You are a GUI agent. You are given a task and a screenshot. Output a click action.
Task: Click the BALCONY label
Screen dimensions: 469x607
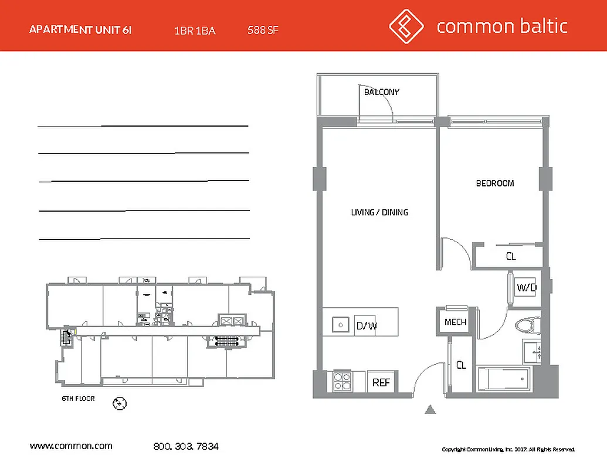[x=381, y=92]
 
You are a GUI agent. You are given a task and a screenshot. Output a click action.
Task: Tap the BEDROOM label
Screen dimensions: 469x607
[x=494, y=183]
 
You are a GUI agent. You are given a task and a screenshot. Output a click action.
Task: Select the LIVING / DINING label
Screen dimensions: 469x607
[x=379, y=212]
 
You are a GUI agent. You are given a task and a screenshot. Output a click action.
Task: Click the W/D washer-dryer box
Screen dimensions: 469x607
[x=526, y=288]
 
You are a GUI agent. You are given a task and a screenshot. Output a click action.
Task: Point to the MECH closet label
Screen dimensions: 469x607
[x=455, y=322]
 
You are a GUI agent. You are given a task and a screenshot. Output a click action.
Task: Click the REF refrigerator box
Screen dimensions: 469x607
[x=381, y=383]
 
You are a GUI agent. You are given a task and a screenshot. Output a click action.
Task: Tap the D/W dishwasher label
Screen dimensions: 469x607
[x=366, y=325]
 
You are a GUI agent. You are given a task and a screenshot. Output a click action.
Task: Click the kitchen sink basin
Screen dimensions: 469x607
[x=338, y=324]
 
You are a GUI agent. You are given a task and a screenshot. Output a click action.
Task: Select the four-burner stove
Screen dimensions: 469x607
[x=342, y=382]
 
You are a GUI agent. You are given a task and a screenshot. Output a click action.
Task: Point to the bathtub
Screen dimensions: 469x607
[x=504, y=380]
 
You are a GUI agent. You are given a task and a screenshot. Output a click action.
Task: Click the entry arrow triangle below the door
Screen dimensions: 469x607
[x=430, y=410]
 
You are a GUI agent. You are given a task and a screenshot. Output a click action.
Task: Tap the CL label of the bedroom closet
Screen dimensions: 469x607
[x=511, y=256]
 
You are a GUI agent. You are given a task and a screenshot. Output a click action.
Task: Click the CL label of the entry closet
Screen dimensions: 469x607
[x=462, y=365]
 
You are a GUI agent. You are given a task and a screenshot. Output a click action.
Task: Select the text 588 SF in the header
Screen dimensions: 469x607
[x=263, y=30]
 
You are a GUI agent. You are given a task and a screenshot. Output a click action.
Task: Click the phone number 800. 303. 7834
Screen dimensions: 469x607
[x=185, y=447]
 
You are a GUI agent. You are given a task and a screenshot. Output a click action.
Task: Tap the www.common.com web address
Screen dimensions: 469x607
[x=71, y=446]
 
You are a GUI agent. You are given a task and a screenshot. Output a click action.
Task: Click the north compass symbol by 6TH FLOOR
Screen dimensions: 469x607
[x=120, y=403]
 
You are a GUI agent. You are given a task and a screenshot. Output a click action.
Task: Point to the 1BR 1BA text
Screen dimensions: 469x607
[x=195, y=30]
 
